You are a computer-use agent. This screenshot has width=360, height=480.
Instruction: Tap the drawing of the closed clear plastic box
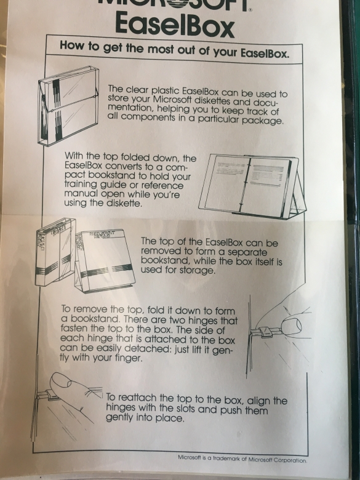coord(68,106)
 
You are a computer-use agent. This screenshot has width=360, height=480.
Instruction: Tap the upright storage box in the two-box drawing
coord(55,252)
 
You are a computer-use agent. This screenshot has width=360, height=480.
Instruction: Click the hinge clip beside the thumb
coord(264,332)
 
